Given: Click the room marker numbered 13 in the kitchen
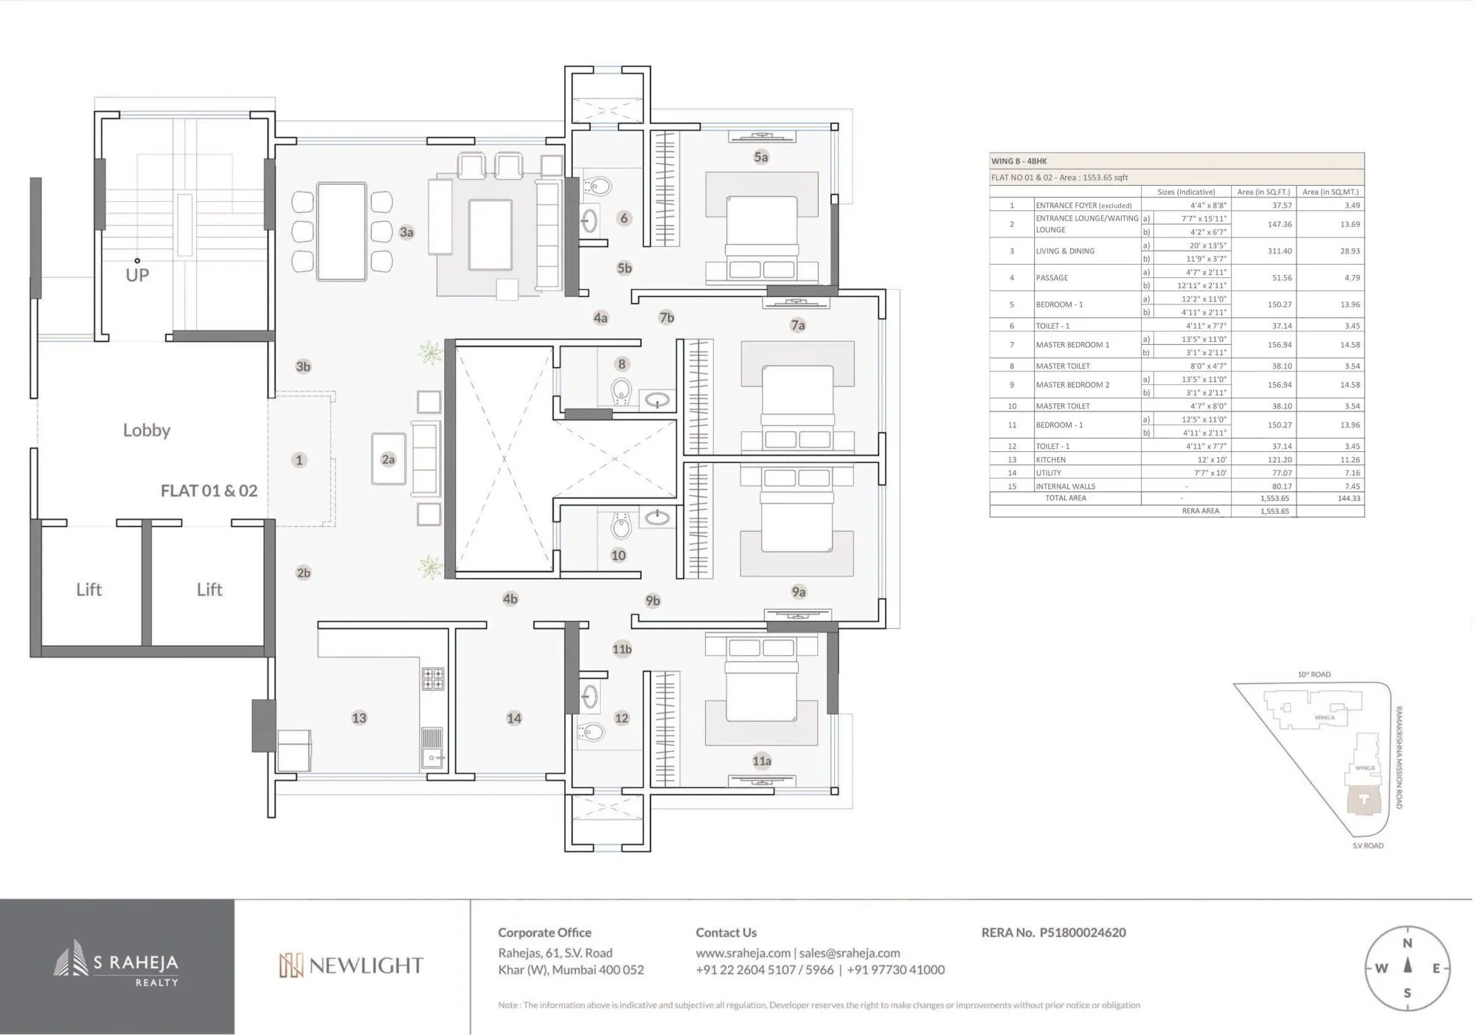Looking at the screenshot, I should pos(359,718).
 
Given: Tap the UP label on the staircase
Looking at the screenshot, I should pos(137,275).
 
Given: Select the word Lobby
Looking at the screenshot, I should pos(147,430).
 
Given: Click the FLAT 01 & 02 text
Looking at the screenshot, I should pos(209,491).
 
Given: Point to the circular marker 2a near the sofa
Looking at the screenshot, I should pos(388,459).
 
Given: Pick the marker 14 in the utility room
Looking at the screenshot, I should pos(514,718).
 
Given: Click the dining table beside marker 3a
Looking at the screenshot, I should pos(341,231).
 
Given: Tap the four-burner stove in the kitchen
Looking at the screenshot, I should pos(433,678).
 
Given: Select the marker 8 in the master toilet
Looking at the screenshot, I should pos(622,363).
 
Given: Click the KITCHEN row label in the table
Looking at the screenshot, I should pos(1050,459).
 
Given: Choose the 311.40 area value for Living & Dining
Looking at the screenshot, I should pos(1279,251).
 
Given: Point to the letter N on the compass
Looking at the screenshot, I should pos(1407,943).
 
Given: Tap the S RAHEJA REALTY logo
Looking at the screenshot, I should pos(117,966).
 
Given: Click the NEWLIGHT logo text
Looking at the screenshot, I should pos(351,966).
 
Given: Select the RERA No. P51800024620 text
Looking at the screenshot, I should pos(1053,933).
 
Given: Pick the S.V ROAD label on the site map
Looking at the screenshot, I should pos(1367,846).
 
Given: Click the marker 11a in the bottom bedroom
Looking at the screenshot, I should pos(762,761).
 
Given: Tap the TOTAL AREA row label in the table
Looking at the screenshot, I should pos(1065,498).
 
